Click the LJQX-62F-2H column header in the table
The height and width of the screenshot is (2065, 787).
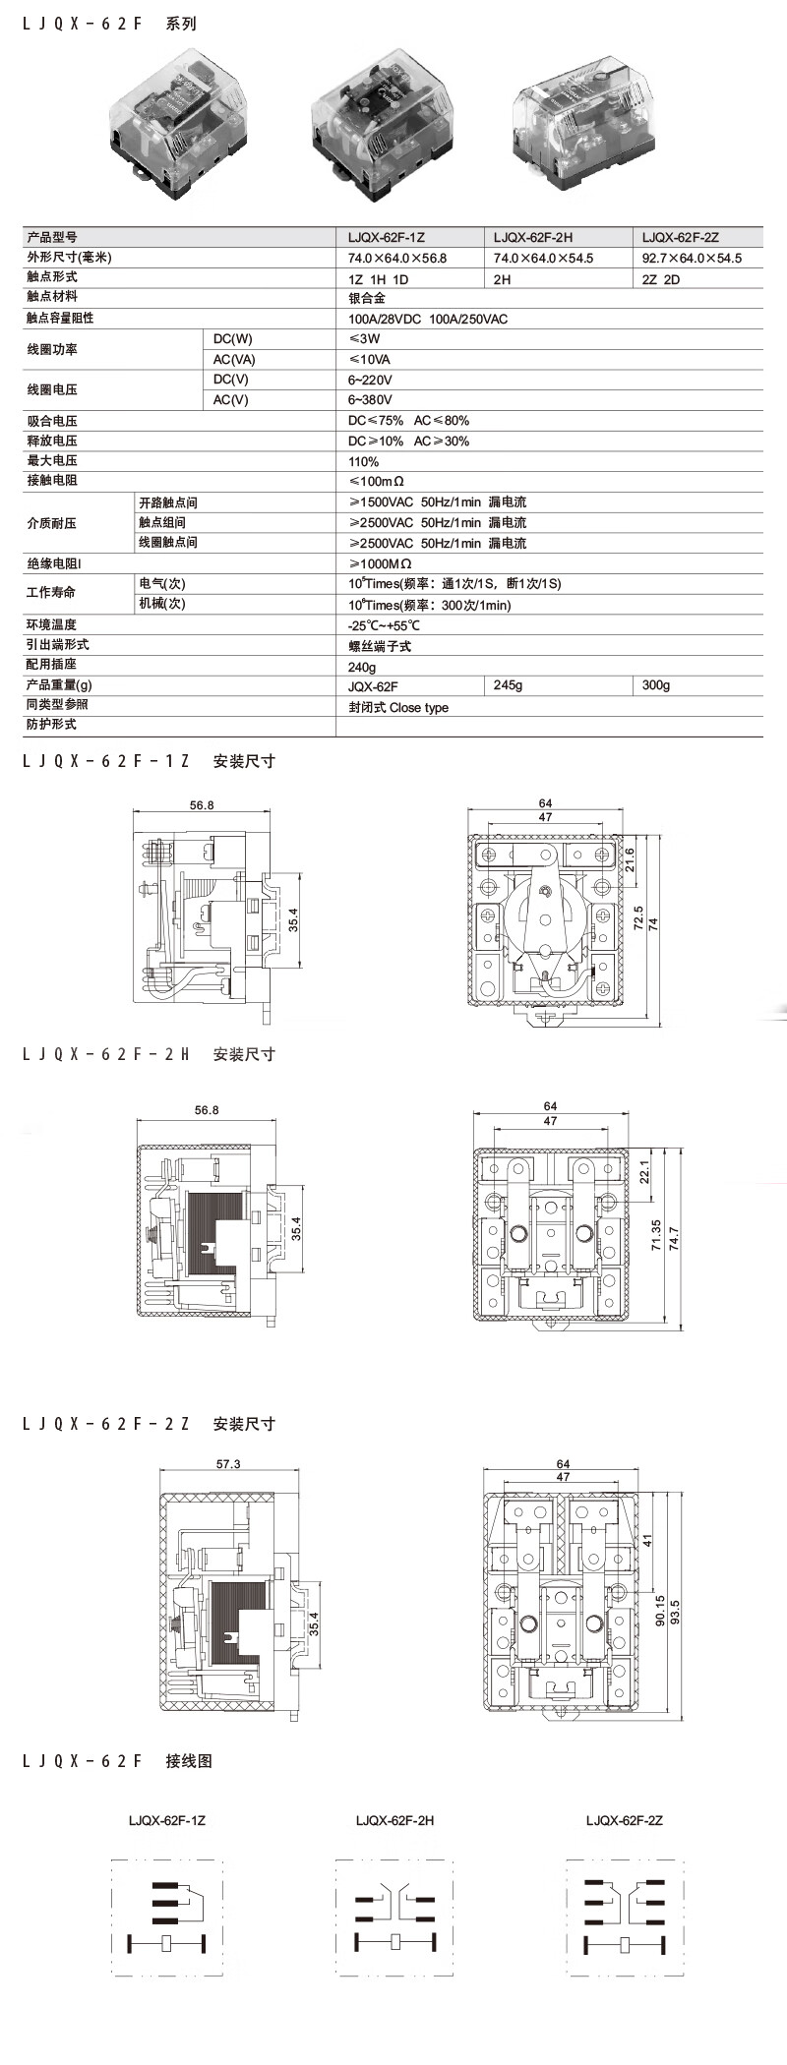tap(532, 237)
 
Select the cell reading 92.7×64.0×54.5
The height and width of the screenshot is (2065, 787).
tap(692, 258)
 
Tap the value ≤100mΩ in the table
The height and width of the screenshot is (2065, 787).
tap(376, 481)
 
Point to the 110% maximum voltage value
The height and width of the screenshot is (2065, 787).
tap(363, 461)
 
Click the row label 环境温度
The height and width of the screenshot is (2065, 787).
tap(51, 624)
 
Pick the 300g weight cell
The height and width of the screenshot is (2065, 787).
tap(655, 684)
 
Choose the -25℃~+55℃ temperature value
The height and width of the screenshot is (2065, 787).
tap(384, 625)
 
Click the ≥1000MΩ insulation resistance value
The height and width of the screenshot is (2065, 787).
tap(380, 563)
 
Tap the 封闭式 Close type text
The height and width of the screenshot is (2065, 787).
tap(397, 707)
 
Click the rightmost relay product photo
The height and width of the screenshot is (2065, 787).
tap(585, 126)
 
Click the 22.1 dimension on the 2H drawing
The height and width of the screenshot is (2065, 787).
tap(644, 1172)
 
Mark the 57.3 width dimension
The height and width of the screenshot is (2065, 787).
tap(228, 1464)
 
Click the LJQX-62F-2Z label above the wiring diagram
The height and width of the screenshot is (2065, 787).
tap(624, 1820)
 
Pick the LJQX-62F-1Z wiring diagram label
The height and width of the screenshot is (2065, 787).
tap(166, 1820)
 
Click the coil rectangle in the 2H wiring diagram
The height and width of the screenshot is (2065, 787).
tap(395, 1941)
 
